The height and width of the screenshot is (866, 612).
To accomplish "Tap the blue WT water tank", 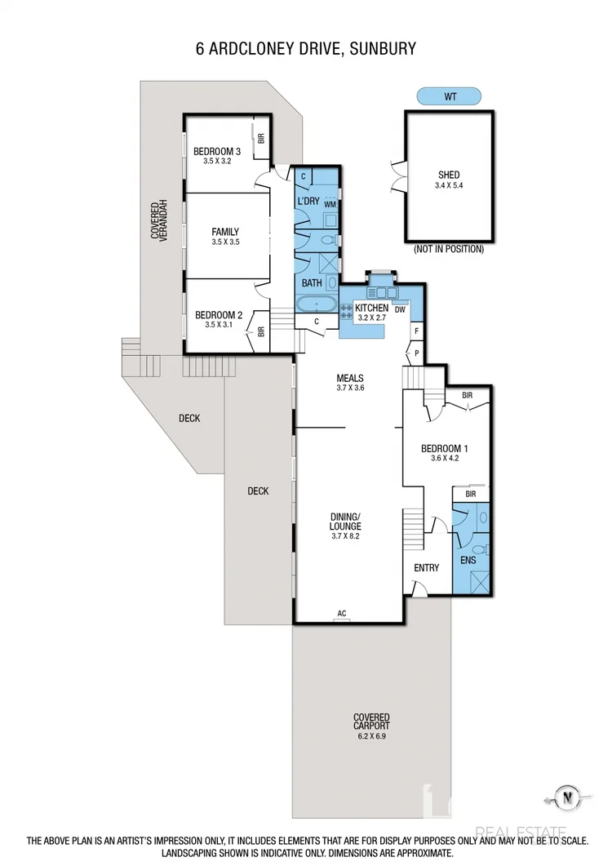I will [x=449, y=96].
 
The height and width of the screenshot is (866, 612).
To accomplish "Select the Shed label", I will [x=449, y=175].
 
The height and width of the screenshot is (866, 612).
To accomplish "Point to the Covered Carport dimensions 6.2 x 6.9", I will [x=371, y=735].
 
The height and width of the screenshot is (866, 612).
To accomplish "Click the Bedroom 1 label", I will [x=444, y=448].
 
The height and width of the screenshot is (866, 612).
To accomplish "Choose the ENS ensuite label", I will [x=468, y=561].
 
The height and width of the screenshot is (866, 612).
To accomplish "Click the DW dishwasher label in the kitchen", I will [x=400, y=309].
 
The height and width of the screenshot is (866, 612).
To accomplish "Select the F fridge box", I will [x=416, y=331].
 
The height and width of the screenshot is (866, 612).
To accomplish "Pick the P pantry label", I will [x=416, y=353].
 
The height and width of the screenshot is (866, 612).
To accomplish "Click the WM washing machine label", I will [x=330, y=204].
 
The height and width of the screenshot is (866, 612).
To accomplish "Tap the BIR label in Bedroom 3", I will [x=261, y=139].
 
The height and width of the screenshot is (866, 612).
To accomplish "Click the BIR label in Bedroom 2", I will [x=261, y=331].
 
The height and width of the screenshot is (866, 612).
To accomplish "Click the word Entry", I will [x=426, y=568].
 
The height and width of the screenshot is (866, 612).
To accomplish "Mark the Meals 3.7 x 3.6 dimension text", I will [x=349, y=389].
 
